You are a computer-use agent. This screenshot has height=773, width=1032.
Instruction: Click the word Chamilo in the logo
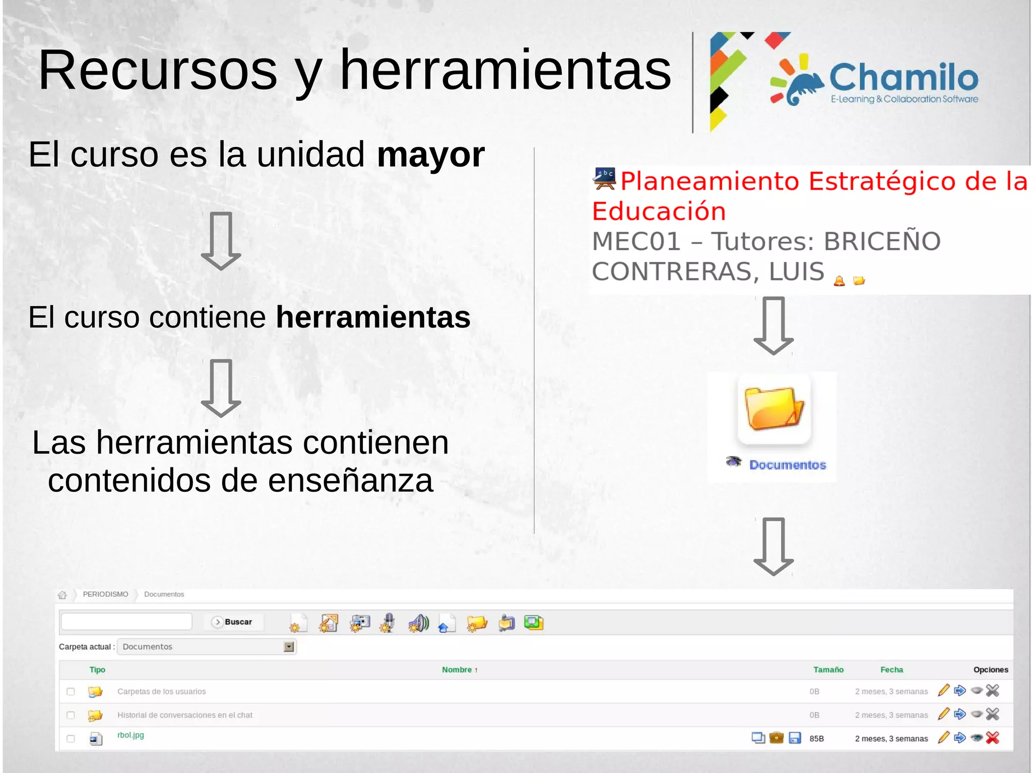click(903, 78)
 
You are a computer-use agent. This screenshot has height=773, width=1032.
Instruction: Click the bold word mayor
click(430, 155)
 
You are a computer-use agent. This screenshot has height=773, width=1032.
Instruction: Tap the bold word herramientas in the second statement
click(373, 317)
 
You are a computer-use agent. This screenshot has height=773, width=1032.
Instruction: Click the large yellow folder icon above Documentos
click(774, 408)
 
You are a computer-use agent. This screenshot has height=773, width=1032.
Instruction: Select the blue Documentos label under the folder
click(788, 465)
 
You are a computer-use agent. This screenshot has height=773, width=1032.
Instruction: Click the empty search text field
click(126, 621)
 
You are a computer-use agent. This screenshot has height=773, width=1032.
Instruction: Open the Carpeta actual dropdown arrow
click(289, 647)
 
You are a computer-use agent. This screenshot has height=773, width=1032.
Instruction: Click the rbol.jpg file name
click(131, 735)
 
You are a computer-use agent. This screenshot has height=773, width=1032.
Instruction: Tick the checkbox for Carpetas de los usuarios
click(71, 691)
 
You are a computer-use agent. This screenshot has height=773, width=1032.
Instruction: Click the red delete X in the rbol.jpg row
click(992, 738)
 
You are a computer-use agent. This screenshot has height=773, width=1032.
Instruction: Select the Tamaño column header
click(828, 670)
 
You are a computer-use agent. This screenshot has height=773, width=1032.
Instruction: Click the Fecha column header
click(891, 670)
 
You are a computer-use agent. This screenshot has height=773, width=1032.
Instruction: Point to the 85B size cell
click(816, 739)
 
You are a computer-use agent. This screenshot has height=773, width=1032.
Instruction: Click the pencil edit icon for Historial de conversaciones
click(943, 714)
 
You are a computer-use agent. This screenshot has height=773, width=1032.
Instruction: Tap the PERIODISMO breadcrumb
click(105, 594)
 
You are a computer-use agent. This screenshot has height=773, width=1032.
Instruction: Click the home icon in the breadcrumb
click(62, 595)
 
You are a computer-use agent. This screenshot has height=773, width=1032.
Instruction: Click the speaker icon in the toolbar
click(418, 623)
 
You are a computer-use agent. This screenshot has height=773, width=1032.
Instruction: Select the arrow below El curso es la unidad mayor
click(221, 241)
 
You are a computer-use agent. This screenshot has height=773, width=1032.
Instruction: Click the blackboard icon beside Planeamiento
click(604, 179)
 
